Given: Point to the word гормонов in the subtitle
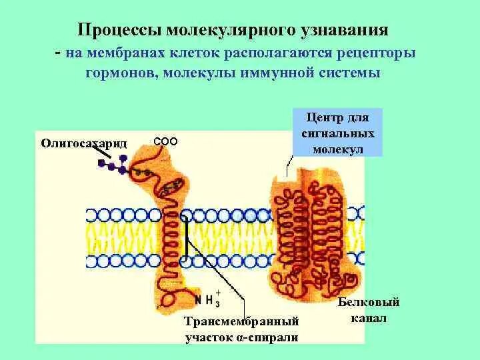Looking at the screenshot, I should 119,72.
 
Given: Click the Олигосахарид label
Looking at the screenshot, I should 84,142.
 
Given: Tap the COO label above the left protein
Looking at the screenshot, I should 165,141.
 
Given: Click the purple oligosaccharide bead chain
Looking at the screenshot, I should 120,165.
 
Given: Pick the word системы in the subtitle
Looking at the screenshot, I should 353,72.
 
